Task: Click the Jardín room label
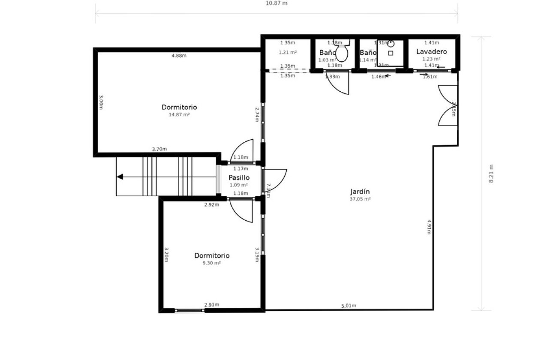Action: click(x=360, y=192)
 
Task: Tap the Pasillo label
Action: click(x=239, y=177)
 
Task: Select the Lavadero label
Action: click(x=432, y=51)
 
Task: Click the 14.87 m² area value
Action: click(x=179, y=115)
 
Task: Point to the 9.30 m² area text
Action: click(x=211, y=263)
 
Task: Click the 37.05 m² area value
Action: click(x=360, y=199)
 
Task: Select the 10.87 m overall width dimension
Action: click(x=276, y=3)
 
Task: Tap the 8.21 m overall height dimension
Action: click(x=491, y=174)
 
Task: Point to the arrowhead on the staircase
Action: click(x=120, y=177)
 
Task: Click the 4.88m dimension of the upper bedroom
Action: click(x=179, y=55)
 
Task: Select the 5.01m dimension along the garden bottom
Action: click(x=349, y=306)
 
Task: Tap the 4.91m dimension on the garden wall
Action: click(x=429, y=227)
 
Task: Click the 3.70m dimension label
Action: click(x=159, y=149)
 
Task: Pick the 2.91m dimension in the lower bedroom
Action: click(x=211, y=305)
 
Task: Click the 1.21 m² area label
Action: click(x=288, y=52)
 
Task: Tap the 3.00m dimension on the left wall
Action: click(x=101, y=102)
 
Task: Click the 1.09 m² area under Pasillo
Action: click(x=239, y=185)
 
